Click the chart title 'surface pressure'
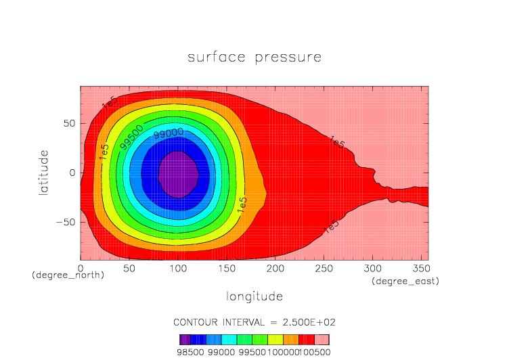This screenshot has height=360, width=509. coord(255,58)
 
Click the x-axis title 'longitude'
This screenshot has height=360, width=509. coord(255,296)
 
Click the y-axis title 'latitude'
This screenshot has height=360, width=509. coord(44,173)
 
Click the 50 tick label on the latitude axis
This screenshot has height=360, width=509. coord(69,123)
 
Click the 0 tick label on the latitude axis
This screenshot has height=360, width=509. coord(72,173)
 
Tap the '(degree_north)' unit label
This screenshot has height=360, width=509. coord(68,276)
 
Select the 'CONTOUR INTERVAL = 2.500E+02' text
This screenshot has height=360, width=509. coord(255,321)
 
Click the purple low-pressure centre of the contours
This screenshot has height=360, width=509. coord(178,174)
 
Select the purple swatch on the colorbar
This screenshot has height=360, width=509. coord(184,340)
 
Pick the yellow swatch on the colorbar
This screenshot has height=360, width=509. coord(275,340)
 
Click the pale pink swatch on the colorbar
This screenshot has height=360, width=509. coord(322,340)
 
